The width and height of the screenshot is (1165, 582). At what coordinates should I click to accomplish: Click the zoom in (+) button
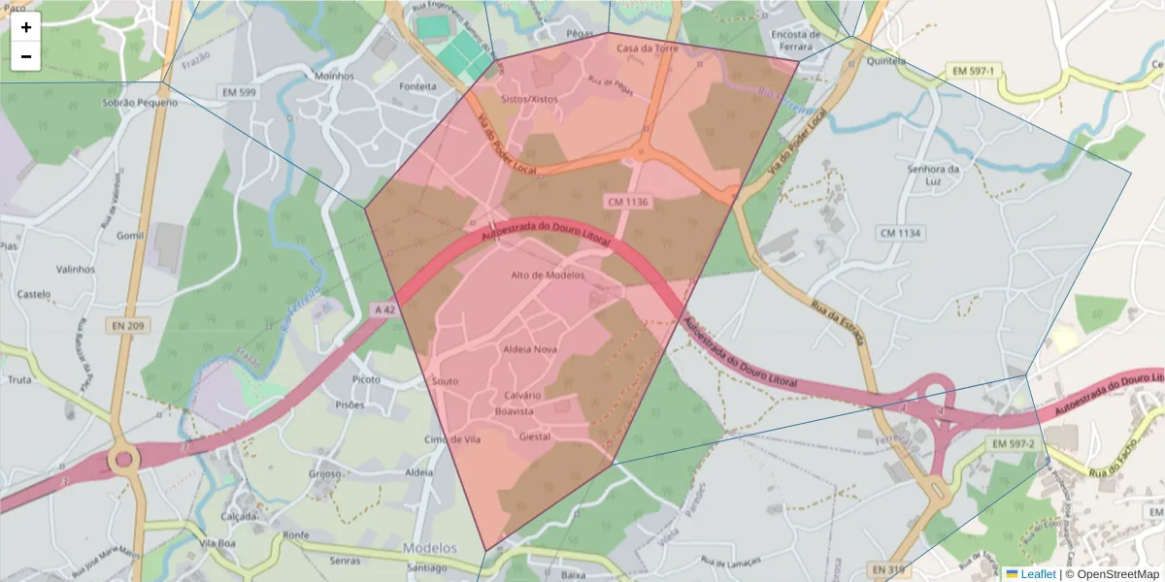click(26, 27)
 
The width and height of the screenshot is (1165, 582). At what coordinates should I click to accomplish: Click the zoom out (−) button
click(26, 56)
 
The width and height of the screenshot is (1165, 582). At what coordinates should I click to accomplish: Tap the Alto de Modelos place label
click(548, 275)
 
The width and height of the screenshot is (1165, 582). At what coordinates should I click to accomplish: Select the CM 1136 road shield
click(627, 202)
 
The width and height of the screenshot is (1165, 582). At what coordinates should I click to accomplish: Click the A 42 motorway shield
click(384, 310)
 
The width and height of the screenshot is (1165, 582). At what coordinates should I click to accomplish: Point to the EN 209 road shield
click(127, 326)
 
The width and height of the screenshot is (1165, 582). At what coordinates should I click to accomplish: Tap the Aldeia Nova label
click(530, 348)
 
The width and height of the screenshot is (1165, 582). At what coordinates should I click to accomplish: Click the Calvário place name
click(522, 396)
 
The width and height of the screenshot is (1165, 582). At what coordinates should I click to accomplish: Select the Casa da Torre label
click(648, 48)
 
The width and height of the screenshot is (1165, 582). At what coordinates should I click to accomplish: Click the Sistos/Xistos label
click(529, 99)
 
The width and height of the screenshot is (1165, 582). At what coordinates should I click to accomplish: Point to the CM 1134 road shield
click(900, 233)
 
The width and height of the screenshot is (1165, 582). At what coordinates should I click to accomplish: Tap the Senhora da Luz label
click(932, 175)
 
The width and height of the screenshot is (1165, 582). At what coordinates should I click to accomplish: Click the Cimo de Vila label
click(452, 439)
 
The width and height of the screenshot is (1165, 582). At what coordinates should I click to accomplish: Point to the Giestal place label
click(535, 437)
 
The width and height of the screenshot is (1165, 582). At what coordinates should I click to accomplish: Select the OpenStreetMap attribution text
click(1119, 574)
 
